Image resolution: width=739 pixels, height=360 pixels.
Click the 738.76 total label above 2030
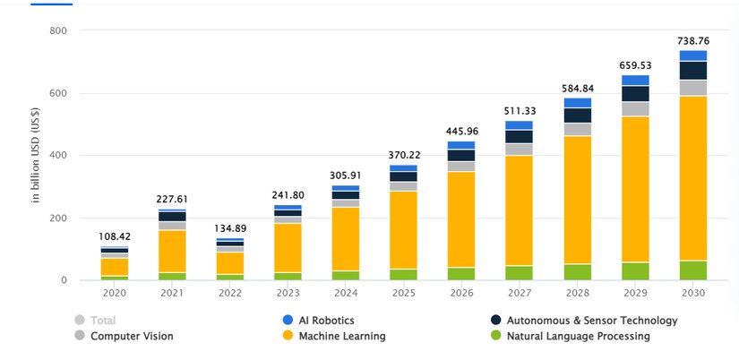692,40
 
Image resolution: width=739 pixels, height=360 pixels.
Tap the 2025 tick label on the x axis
403,293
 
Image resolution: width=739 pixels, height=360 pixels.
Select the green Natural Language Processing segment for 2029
635,270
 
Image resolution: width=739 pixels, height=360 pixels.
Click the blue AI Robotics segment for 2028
578,102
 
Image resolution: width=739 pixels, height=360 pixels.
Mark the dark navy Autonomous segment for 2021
172,216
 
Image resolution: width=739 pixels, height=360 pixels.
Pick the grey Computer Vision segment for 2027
519,149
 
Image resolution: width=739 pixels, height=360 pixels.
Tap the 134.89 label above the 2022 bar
229,228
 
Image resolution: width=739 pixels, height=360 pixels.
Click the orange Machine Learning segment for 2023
288,248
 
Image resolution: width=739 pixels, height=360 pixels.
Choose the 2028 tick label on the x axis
577,293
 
